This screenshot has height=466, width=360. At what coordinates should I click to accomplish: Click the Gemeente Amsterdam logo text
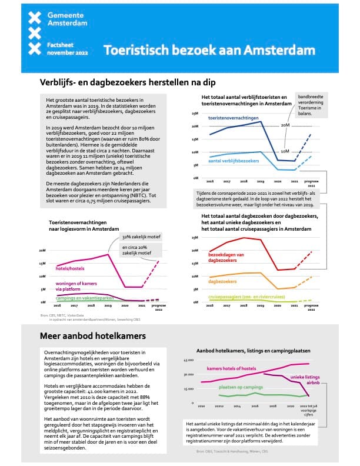(x=68, y=19)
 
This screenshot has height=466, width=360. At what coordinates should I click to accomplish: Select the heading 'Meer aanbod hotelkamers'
(x=87, y=336)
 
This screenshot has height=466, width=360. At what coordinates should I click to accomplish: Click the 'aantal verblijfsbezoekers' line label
(x=234, y=160)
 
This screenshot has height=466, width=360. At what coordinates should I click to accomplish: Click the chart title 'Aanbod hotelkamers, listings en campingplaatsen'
(x=253, y=349)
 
